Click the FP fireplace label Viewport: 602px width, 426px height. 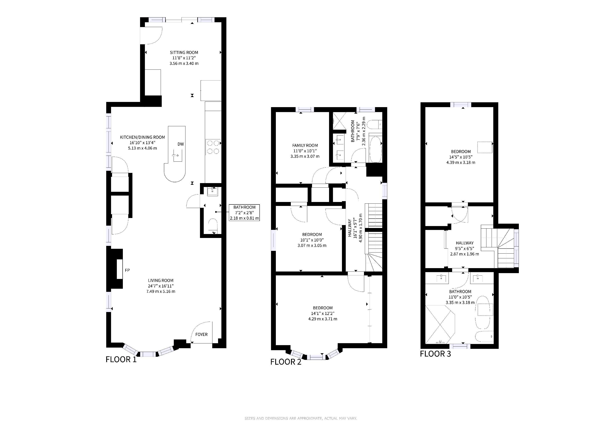pyautogui.click(x=127, y=270)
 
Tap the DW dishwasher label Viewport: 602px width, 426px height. pyautogui.click(x=181, y=144)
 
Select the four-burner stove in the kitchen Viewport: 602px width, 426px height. pyautogui.click(x=213, y=147)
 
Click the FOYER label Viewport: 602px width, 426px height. pyautogui.click(x=201, y=334)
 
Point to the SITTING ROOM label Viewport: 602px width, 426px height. pyautogui.click(x=184, y=52)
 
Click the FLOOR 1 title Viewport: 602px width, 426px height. pyautogui.click(x=121, y=359)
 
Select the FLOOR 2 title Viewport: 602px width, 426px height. pyautogui.click(x=286, y=362)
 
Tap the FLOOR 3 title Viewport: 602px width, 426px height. pyautogui.click(x=435, y=354)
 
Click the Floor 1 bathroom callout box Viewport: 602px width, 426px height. pyautogui.click(x=244, y=212)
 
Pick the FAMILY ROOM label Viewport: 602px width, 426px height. pyautogui.click(x=305, y=145)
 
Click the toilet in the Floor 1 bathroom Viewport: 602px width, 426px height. pyautogui.click(x=213, y=226)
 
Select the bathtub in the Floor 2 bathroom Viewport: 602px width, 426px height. pyautogui.click(x=375, y=149)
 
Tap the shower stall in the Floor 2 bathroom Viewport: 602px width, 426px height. pyautogui.click(x=339, y=121)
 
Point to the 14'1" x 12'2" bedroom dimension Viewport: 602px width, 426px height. pyautogui.click(x=323, y=313)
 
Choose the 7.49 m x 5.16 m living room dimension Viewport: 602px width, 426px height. pyautogui.click(x=161, y=291)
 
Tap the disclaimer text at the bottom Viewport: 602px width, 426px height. pyautogui.click(x=301, y=418)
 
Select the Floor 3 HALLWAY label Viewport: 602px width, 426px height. pyautogui.click(x=465, y=243)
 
